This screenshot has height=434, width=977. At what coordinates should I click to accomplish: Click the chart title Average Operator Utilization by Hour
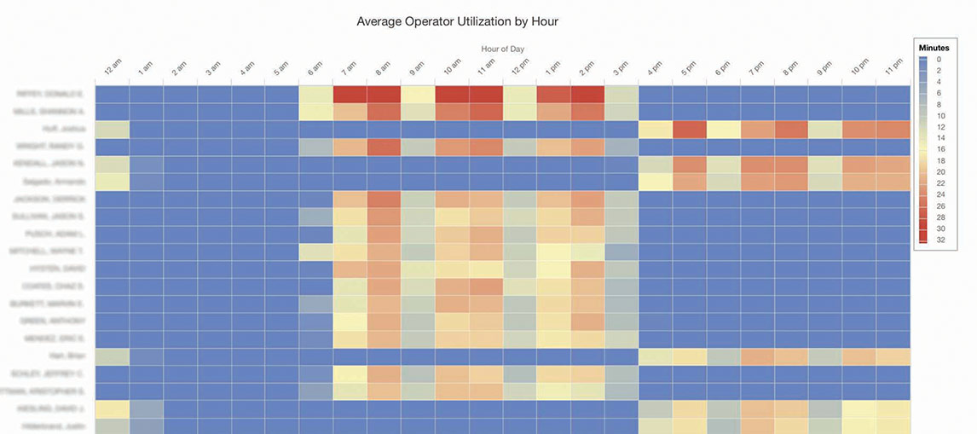[457, 20]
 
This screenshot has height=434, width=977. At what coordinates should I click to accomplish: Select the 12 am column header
[113, 69]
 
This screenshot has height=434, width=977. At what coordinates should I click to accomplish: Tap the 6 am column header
[315, 69]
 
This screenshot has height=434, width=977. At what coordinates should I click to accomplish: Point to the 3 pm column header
[621, 69]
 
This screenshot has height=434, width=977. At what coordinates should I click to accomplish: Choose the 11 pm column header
[892, 69]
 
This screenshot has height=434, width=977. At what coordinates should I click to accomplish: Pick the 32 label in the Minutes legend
[939, 240]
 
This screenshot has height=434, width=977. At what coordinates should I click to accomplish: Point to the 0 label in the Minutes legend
[939, 59]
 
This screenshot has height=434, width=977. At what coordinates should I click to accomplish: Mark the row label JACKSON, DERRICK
[60, 200]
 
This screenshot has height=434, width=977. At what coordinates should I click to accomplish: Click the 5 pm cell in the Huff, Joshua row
[689, 130]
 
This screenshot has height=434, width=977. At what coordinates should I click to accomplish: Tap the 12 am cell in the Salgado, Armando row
[113, 182]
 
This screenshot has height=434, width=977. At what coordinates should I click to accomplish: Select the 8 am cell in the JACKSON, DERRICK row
[384, 200]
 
